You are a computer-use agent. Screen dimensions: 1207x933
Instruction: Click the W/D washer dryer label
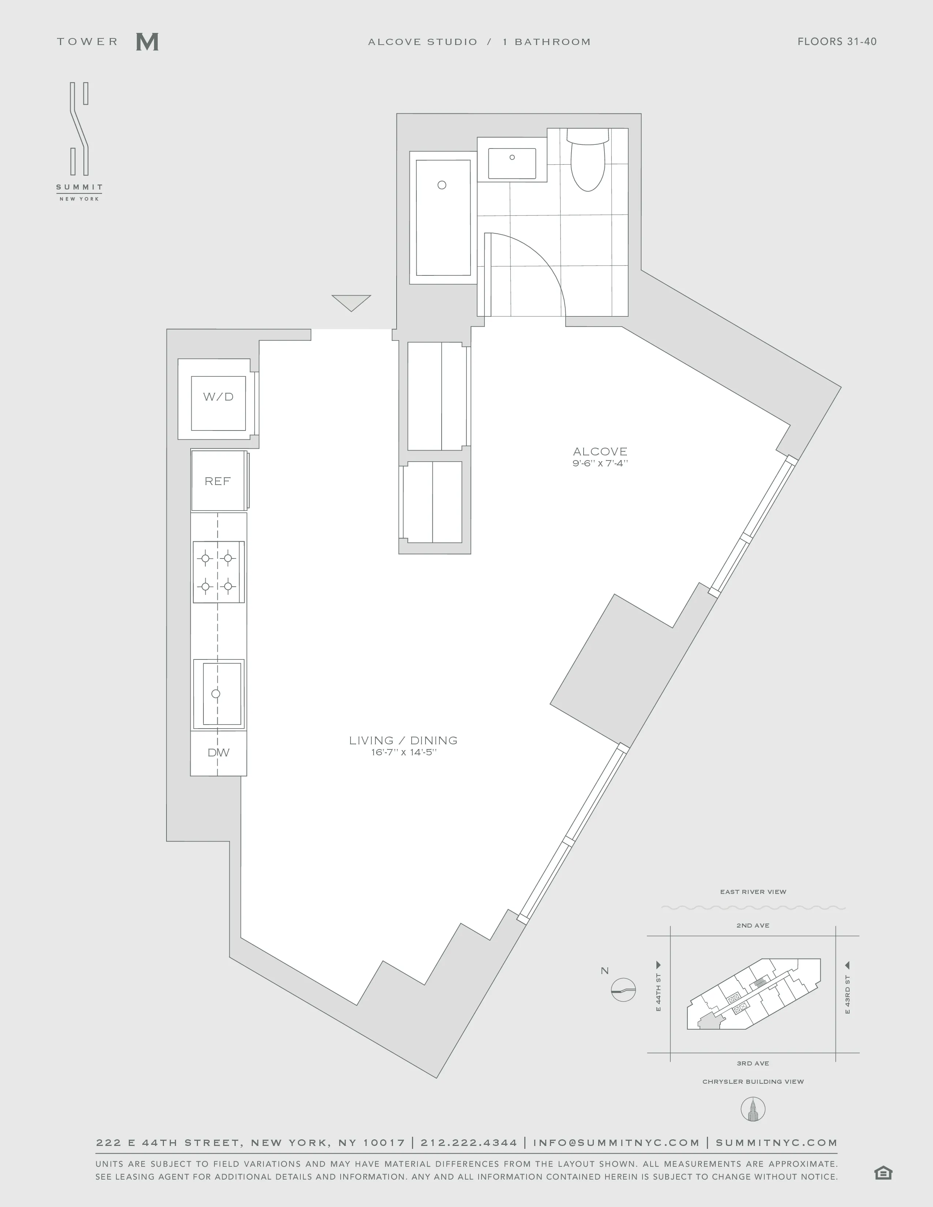(218, 397)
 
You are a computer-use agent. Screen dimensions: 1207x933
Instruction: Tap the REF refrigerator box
(218, 481)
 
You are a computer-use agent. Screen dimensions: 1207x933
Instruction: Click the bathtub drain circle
(442, 185)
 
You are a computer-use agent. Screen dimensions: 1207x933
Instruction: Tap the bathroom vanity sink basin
(512, 163)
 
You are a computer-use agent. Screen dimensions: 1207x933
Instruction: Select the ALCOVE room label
(600, 451)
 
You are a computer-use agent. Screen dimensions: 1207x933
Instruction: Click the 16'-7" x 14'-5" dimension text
(404, 752)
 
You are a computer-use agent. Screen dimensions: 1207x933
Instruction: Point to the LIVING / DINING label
(404, 740)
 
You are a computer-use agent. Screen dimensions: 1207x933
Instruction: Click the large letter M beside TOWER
(147, 42)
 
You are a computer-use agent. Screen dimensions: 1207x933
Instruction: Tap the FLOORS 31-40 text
(837, 41)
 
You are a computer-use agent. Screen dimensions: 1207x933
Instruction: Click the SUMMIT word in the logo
(79, 187)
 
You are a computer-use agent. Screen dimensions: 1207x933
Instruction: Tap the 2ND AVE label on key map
(753, 925)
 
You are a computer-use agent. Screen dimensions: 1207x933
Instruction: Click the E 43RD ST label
(847, 995)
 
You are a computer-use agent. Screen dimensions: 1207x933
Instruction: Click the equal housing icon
(883, 1173)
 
